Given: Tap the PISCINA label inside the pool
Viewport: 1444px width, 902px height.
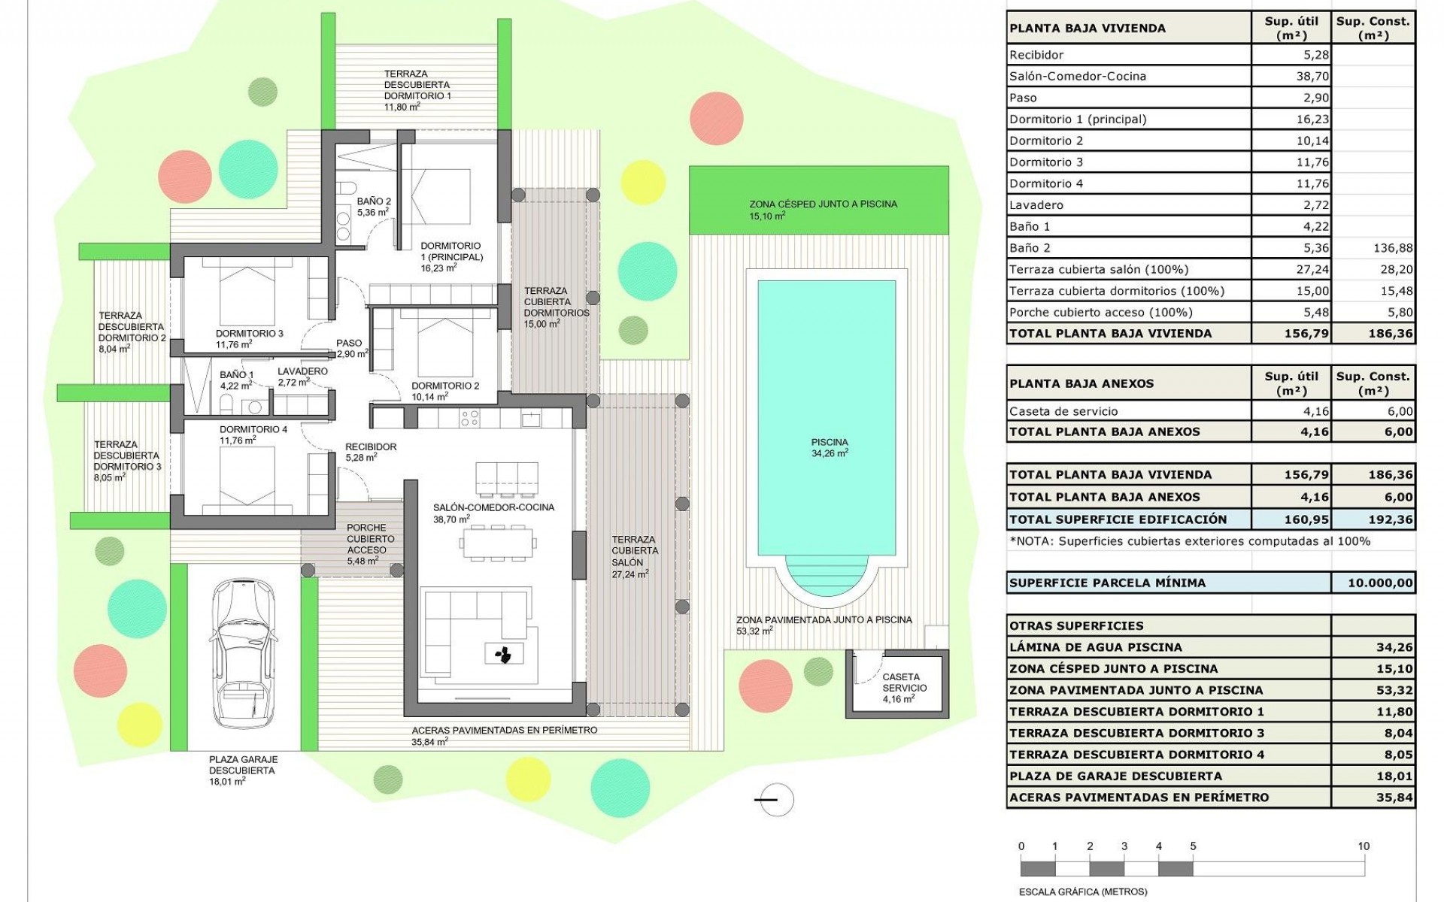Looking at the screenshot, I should click(x=830, y=443).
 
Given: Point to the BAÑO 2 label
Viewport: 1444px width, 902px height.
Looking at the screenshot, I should click(x=374, y=201).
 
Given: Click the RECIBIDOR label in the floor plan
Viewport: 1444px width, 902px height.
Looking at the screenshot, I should click(x=370, y=447).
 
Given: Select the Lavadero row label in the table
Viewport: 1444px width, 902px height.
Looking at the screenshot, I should click(x=1036, y=205).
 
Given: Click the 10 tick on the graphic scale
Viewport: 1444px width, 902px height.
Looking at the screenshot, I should click(x=1364, y=846).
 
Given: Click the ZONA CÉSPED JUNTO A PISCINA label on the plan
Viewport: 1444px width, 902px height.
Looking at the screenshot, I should click(x=823, y=204).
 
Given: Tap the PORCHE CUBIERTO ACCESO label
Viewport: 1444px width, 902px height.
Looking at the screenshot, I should click(x=367, y=539).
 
